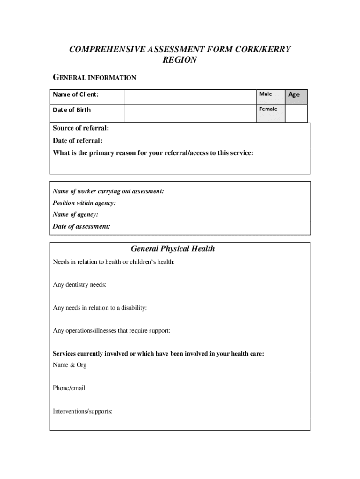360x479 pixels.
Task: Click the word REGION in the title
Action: pyautogui.click(x=180, y=60)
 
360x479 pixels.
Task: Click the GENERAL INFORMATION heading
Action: pyautogui.click(x=94, y=78)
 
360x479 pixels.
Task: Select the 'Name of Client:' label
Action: pyautogui.click(x=76, y=95)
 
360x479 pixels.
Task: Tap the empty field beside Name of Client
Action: pyautogui.click(x=190, y=97)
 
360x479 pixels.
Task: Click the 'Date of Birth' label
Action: pyautogui.click(x=72, y=110)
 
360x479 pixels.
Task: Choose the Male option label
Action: pyautogui.click(x=266, y=94)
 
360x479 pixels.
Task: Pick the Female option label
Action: pyautogui.click(x=268, y=109)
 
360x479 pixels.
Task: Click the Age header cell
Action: pyautogui.click(x=294, y=94)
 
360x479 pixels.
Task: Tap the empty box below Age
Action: pyautogui.click(x=296, y=113)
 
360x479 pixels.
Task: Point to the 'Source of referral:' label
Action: pyautogui.click(x=81, y=128)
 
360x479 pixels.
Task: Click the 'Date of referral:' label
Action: pyautogui.click(x=78, y=140)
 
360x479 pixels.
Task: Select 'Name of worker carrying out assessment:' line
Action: pyautogui.click(x=108, y=191)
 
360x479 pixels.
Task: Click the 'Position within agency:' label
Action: pyautogui.click(x=84, y=203)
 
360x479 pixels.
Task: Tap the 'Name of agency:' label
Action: pyautogui.click(x=75, y=214)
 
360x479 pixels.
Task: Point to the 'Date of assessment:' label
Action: pyautogui.click(x=82, y=226)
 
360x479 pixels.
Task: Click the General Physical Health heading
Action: pyautogui.click(x=173, y=249)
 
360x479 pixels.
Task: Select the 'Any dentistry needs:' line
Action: pyautogui.click(x=79, y=284)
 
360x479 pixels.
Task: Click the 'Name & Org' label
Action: pyautogui.click(x=70, y=365)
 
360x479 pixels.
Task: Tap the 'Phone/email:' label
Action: pyautogui.click(x=70, y=388)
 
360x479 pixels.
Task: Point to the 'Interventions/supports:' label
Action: pyautogui.click(x=83, y=411)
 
